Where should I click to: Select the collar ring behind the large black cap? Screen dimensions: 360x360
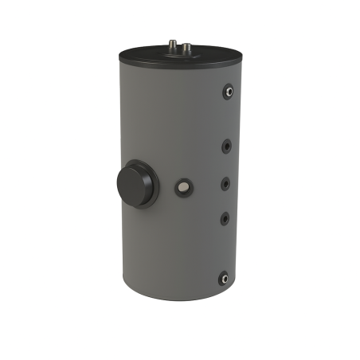150,184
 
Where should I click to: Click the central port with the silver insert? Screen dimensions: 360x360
184,188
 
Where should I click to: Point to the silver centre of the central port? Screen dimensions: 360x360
184,188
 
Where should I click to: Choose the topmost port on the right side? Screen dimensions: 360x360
228,92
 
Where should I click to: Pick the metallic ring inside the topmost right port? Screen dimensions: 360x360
229,92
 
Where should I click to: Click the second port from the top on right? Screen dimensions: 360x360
227,146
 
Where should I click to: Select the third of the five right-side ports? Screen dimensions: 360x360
226,182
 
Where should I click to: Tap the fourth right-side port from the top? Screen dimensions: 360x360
225,217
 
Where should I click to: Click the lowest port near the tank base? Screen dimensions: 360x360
224,278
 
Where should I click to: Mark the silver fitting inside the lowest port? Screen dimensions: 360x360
225,278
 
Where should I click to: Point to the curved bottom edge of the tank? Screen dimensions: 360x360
175,299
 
